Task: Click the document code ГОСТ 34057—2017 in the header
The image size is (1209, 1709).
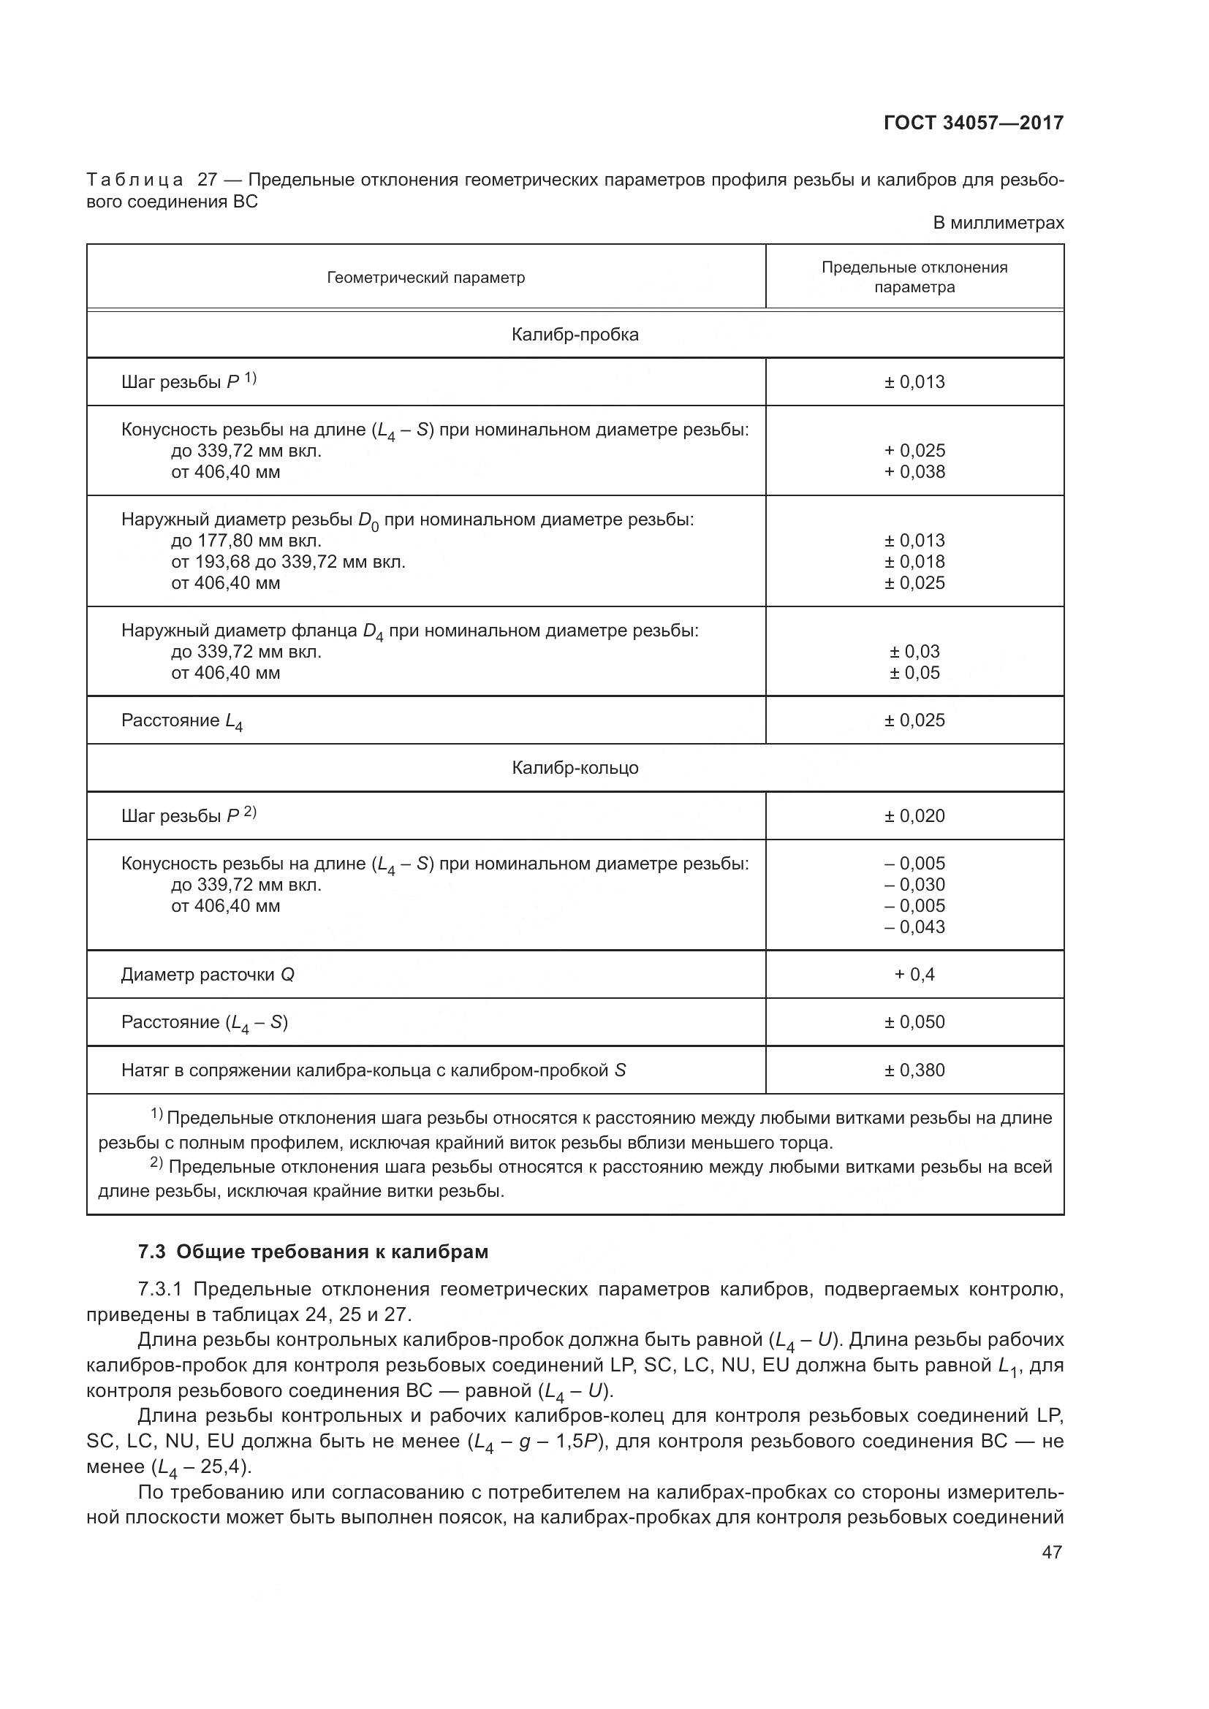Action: coord(973,123)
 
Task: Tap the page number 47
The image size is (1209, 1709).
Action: coord(1051,1552)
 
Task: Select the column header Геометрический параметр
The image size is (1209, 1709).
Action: coord(426,278)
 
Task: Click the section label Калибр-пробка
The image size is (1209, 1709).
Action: coord(575,335)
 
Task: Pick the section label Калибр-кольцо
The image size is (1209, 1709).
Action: coord(575,768)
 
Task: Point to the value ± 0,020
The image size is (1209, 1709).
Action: coord(914,816)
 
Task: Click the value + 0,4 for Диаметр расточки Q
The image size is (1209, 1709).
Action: coord(914,975)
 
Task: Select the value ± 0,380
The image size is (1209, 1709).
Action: coord(914,1070)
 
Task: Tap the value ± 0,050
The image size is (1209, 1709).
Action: coord(914,1022)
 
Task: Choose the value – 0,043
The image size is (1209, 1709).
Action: coord(914,927)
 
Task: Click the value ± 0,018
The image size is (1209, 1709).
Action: coord(914,562)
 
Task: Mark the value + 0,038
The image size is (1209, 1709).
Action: coord(914,472)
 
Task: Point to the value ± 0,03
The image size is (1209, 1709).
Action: coord(914,652)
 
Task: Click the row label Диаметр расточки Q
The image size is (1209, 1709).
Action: coord(208,975)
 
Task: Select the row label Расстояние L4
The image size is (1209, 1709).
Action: coord(182,721)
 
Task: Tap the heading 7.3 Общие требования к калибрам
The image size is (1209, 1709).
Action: coord(314,1252)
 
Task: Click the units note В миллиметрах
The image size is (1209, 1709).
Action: coord(998,223)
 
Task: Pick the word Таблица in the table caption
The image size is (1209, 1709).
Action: coord(134,180)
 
